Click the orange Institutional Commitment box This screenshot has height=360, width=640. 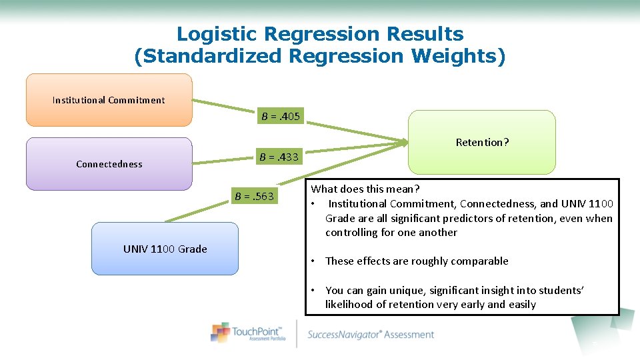(x=109, y=100)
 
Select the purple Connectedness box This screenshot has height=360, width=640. (x=109, y=164)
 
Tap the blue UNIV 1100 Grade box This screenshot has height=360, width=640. (x=165, y=249)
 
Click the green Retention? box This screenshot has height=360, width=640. (x=482, y=142)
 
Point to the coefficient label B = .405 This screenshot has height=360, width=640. (x=281, y=117)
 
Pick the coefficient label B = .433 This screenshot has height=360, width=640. (x=279, y=157)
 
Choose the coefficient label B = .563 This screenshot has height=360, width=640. (x=254, y=196)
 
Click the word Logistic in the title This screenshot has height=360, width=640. (x=217, y=33)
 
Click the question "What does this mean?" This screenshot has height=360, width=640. (x=365, y=189)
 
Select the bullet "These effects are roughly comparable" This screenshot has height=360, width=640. (x=417, y=261)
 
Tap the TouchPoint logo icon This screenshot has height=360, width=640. (x=221, y=332)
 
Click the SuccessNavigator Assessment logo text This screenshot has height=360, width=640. (x=371, y=335)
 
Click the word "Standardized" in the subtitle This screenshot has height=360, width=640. (x=209, y=56)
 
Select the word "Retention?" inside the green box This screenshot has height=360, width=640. (x=482, y=142)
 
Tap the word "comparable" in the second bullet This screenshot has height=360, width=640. (x=478, y=261)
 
